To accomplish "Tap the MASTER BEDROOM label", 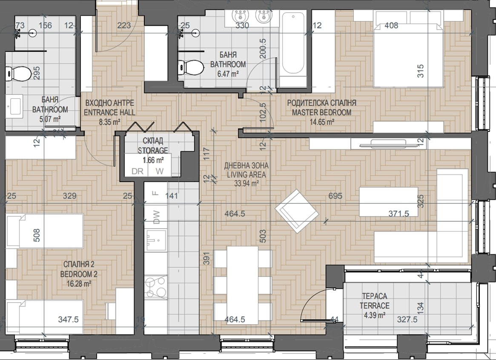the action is point(321,112).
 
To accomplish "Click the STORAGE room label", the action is point(153,150).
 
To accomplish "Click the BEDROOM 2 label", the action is point(79,274).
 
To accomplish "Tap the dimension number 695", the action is point(335,196).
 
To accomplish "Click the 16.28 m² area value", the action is point(79,283).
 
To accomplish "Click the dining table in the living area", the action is point(243,286).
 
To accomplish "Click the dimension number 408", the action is point(391,25).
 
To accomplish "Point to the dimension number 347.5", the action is point(68,320).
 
